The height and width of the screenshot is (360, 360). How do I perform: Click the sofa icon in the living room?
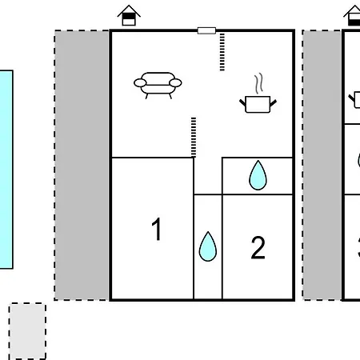158,86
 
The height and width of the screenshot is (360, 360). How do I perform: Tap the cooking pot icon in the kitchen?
258,104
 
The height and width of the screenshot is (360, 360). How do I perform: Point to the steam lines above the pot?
258,83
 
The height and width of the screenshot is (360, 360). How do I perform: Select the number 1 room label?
157,229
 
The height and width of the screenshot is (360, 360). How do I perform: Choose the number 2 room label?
258,248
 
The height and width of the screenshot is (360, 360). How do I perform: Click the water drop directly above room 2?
258,175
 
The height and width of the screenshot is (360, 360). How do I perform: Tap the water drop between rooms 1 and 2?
208,246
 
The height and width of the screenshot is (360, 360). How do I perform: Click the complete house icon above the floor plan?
129,15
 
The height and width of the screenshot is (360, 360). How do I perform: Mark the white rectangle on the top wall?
206,30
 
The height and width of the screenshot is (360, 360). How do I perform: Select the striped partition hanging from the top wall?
222,52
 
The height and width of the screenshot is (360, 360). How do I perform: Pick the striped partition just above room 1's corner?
194,138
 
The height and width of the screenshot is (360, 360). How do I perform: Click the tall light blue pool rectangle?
6,170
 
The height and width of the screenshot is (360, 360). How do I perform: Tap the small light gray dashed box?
27,330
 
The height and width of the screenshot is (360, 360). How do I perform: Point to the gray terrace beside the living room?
82,166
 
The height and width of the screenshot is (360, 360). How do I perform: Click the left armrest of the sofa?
140,83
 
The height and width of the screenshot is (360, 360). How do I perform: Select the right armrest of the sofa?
175,83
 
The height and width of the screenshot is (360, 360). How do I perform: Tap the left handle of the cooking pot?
242,103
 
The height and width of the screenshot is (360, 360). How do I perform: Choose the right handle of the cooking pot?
274,103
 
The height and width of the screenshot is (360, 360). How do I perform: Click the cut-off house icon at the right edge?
352,15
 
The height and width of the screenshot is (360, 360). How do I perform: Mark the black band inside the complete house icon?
129,16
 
